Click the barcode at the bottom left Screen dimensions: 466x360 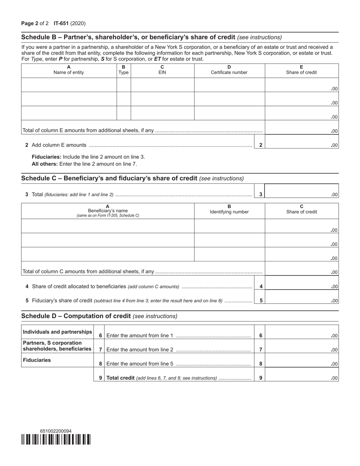click(56, 439)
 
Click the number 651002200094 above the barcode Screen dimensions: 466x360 click(56, 431)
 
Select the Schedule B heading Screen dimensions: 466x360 click(128, 37)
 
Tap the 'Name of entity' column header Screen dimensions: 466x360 click(69, 72)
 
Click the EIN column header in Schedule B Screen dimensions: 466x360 click(162, 72)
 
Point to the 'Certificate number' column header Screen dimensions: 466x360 click(229, 72)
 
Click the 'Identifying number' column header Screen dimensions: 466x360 click(229, 212)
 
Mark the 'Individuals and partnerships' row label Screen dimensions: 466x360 click(57, 332)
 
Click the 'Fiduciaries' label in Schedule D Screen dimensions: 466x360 click(37, 360)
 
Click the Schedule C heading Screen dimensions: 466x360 click(109, 178)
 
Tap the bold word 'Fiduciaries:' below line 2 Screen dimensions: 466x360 click(47, 156)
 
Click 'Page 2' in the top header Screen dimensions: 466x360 click(30, 23)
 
